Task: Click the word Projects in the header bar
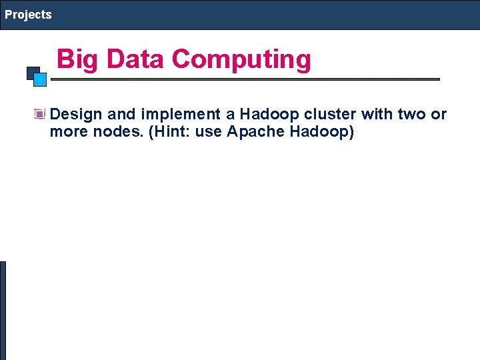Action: [x=28, y=15]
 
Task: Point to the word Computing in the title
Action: [x=241, y=59]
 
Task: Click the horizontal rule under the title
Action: [x=245, y=79]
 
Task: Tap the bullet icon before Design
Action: [x=40, y=115]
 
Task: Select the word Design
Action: [x=75, y=115]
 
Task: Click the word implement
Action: [x=181, y=115]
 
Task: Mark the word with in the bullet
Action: [x=377, y=115]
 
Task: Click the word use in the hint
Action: [x=208, y=132]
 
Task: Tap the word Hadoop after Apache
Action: [x=321, y=132]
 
